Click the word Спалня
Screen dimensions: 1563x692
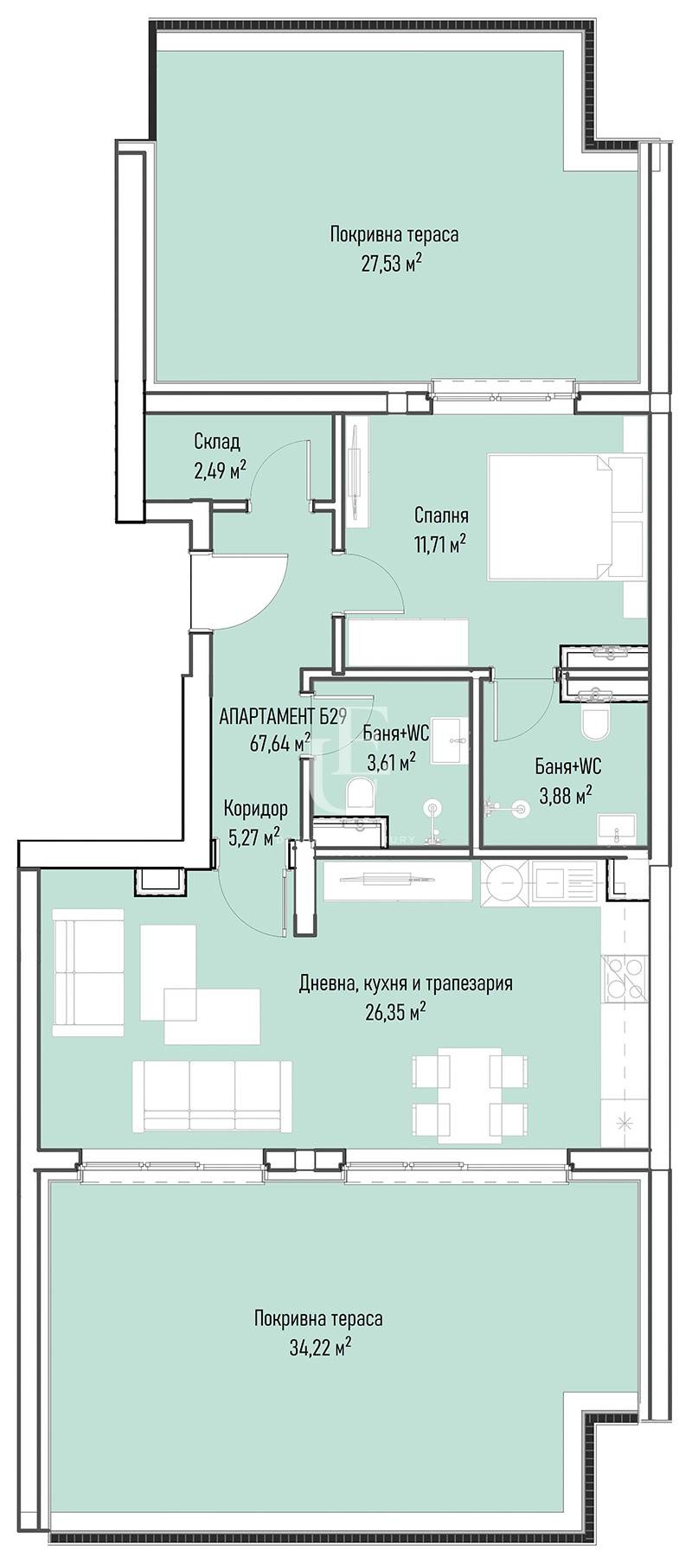441,516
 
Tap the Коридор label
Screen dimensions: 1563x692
255,810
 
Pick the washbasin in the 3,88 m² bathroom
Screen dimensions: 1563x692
617,829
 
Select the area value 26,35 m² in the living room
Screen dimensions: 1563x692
398,1011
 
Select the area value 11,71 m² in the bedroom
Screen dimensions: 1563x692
440,543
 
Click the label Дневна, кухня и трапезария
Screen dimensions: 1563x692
406,983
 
